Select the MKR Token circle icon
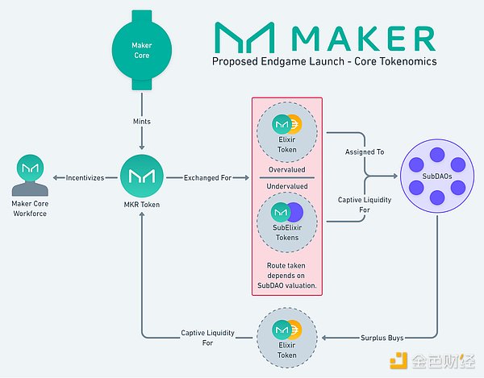click(142, 177)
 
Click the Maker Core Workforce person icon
click(31, 177)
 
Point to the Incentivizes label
click(84, 177)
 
